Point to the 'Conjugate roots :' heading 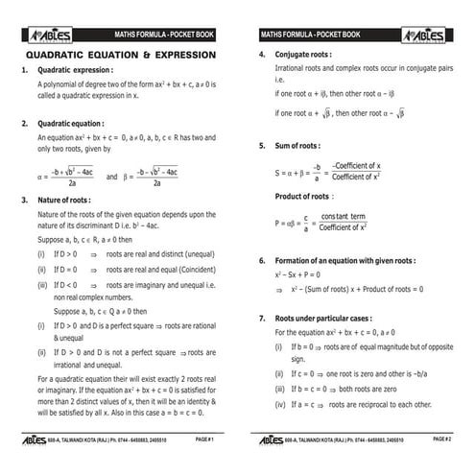(x=303, y=55)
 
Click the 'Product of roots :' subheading (x=303, y=196)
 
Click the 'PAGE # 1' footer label (x=204, y=439)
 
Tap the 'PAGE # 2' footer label (x=442, y=439)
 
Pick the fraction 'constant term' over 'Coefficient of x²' (x=343, y=223)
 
